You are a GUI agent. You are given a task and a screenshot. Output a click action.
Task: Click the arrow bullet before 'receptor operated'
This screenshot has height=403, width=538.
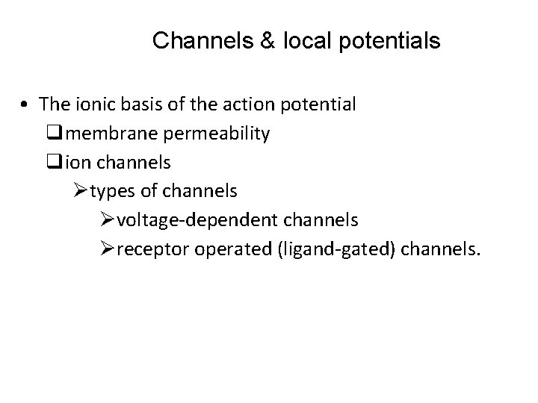tap(107, 249)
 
